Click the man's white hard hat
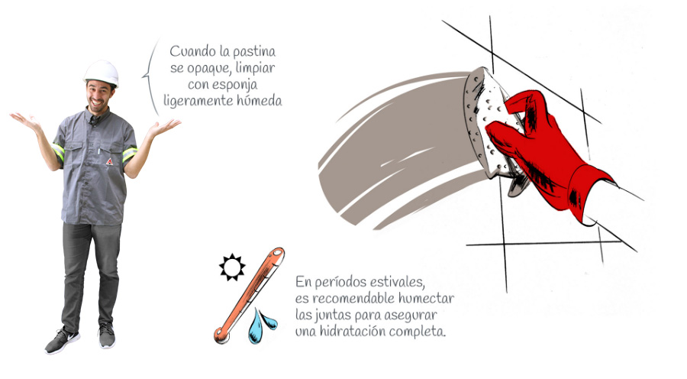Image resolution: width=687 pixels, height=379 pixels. (102, 73)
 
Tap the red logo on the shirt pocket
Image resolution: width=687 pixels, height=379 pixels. (109, 161)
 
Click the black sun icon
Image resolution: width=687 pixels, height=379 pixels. (232, 267)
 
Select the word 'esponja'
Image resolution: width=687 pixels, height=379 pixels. (236, 85)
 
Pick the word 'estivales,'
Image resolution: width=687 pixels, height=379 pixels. (398, 281)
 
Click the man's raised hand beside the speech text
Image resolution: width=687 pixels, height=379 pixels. (163, 127)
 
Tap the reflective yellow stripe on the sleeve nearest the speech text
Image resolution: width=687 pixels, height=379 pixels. (130, 154)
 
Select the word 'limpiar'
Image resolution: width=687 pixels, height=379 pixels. (256, 69)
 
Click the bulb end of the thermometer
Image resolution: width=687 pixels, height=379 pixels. (221, 335)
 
